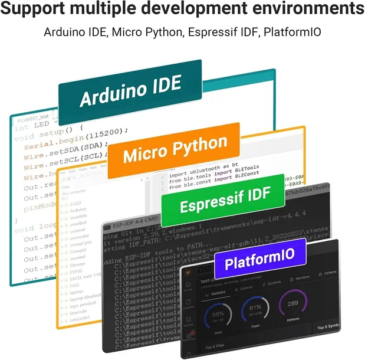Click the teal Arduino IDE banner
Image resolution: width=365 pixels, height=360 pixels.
(130, 92)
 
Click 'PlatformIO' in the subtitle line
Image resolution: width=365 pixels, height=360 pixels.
(291, 32)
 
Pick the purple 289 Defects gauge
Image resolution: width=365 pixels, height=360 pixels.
(293, 305)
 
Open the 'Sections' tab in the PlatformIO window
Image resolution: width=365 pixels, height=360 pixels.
(302, 277)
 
